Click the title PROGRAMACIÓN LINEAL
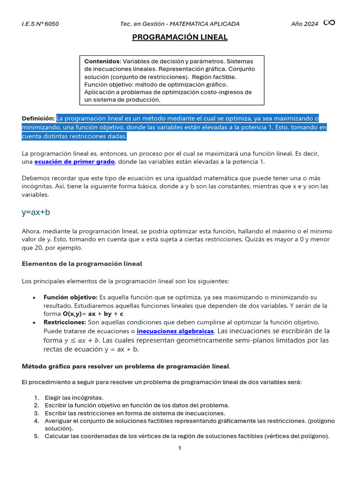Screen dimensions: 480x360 (x=180, y=37)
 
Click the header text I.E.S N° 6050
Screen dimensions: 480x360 (x=40, y=24)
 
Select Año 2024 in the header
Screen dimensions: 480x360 (x=304, y=24)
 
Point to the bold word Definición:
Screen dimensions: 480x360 (x=38, y=118)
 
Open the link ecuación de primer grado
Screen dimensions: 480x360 (x=75, y=162)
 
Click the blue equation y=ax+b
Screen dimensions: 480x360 (x=36, y=212)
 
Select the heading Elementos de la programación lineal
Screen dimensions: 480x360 (x=82, y=264)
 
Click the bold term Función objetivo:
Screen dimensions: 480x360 (x=70, y=297)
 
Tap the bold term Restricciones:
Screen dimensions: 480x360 (x=65, y=322)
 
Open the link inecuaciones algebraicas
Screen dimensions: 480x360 (x=175, y=331)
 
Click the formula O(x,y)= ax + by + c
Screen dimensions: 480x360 (x=93, y=314)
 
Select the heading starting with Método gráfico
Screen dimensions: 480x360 (x=126, y=366)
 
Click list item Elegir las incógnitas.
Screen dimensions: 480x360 (x=74, y=397)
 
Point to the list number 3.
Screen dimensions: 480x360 (x=36, y=413)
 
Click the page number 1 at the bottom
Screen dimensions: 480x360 (x=180, y=448)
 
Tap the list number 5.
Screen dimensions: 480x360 (x=36, y=436)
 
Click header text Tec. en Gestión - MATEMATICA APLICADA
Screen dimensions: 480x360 (x=180, y=24)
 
